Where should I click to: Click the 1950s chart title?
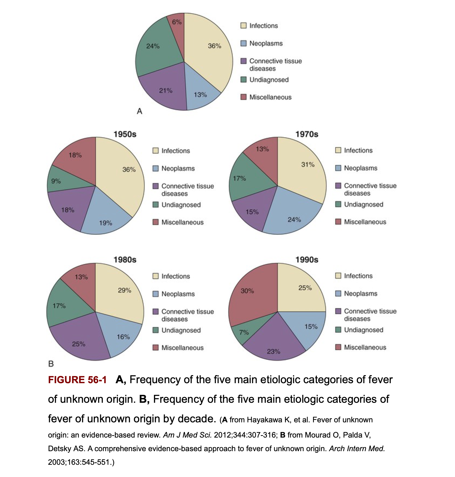click(125, 134)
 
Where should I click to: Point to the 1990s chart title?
click(307, 260)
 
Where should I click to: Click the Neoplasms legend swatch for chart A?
click(244, 44)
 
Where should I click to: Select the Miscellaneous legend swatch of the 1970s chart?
click(338, 222)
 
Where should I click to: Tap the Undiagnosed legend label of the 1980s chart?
click(181, 330)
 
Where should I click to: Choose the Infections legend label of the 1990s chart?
click(358, 276)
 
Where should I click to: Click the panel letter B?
click(51, 364)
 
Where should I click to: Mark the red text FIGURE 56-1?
click(77, 380)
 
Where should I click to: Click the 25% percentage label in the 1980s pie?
click(79, 344)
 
